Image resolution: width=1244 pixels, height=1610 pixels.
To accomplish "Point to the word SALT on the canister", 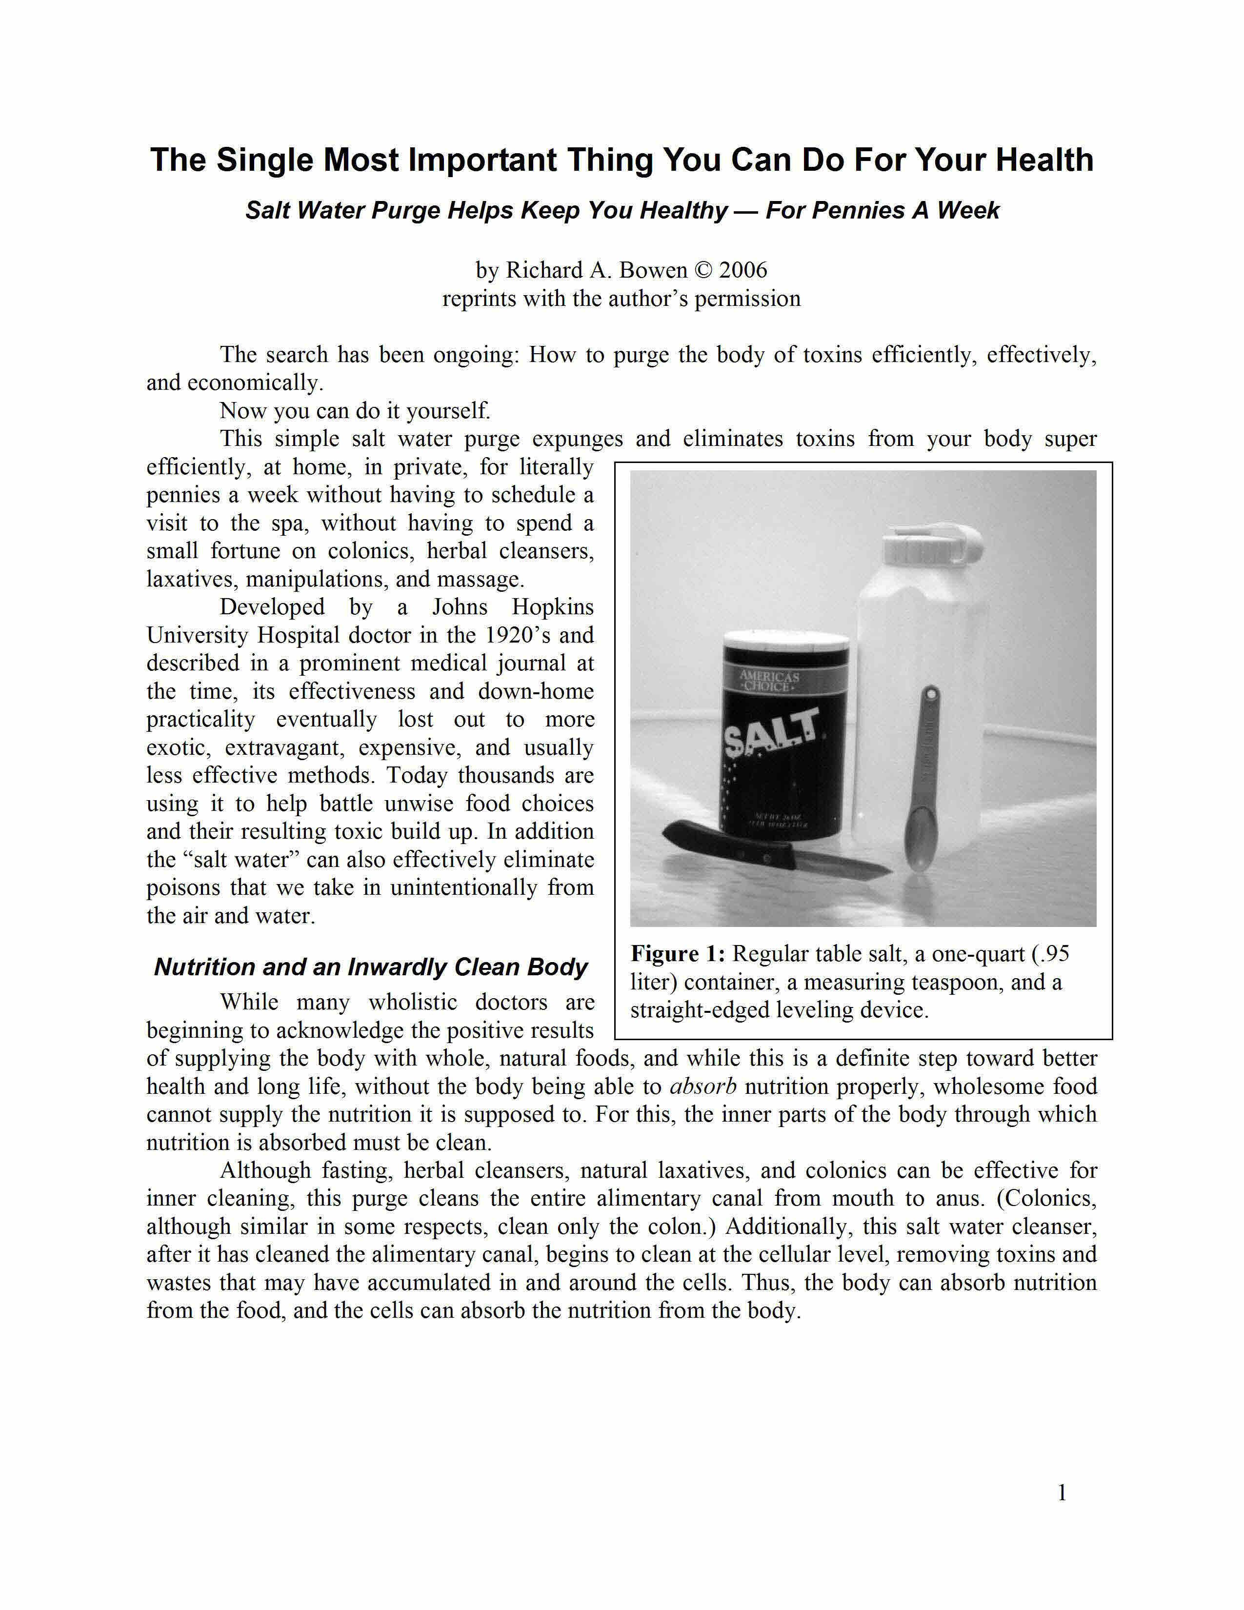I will [771, 733].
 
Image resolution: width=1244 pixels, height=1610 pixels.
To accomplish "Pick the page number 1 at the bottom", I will [1062, 1493].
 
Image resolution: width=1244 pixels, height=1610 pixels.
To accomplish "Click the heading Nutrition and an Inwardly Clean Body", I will [371, 967].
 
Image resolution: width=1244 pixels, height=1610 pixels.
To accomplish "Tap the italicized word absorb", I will [703, 1087].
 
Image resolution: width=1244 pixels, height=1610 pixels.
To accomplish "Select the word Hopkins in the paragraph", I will [553, 607].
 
